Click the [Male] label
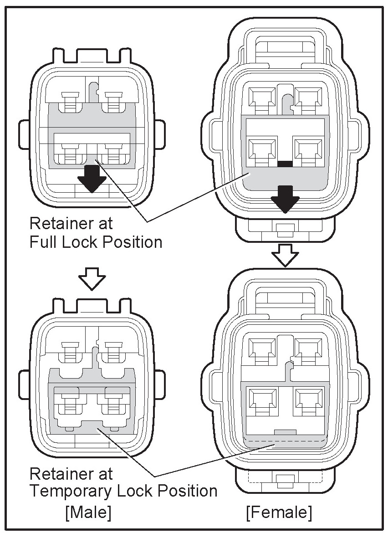click(88, 512)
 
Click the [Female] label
click(279, 512)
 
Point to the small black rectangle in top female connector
click(285, 163)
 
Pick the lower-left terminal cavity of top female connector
click(262, 151)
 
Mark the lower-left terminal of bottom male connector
click(68, 401)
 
